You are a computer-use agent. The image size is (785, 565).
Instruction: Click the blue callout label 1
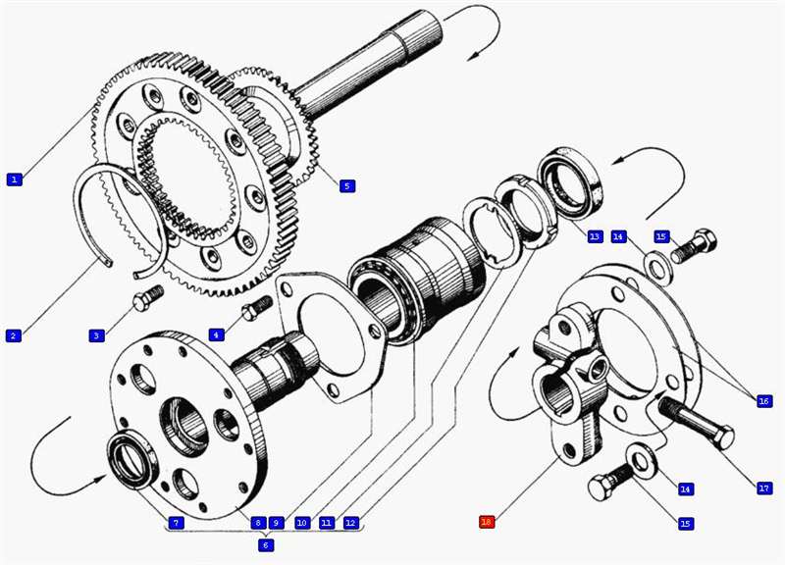tap(15, 179)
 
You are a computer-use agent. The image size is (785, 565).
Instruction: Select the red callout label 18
tap(487, 522)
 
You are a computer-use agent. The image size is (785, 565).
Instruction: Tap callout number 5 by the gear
tap(347, 186)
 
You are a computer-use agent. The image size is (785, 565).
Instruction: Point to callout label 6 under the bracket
tap(266, 544)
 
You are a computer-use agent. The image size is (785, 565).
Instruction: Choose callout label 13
tap(595, 236)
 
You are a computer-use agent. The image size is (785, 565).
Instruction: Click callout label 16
tap(763, 401)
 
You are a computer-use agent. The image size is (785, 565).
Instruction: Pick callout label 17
tap(764, 488)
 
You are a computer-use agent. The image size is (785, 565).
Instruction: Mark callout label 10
tap(302, 523)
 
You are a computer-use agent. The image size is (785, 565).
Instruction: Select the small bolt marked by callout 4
tap(256, 307)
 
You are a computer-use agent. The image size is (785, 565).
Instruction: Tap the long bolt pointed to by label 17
tap(697, 421)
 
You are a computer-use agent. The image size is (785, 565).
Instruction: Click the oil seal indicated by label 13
tap(571, 182)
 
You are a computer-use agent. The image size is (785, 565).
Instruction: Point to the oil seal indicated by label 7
tap(131, 459)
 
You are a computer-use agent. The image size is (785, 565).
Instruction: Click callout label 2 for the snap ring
tap(14, 335)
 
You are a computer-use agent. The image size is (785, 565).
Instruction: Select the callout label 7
tap(176, 523)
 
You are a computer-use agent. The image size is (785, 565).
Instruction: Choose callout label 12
tap(351, 523)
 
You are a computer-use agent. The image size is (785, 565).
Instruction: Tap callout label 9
tap(276, 523)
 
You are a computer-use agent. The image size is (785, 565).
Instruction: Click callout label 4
tap(216, 334)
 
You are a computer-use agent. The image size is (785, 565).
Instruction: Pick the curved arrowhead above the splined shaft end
tap(471, 56)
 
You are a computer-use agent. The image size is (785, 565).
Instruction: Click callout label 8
tap(258, 523)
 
